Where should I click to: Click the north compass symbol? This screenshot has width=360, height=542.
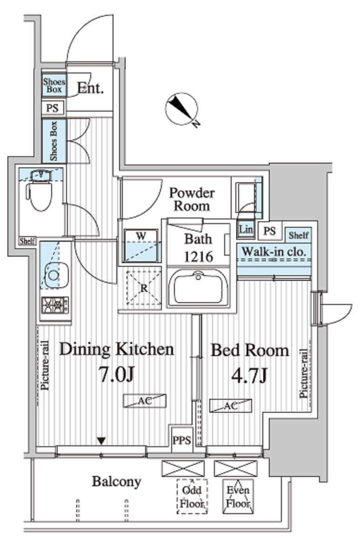click(x=181, y=108)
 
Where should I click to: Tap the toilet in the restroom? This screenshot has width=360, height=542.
click(x=39, y=191)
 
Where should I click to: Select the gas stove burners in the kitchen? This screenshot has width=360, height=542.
click(x=55, y=305)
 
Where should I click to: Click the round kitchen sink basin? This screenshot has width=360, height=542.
click(x=54, y=275)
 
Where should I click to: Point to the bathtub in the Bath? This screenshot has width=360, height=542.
click(x=198, y=287)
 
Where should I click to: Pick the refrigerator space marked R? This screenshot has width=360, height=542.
click(x=144, y=288)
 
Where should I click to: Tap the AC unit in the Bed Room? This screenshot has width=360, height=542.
click(x=230, y=406)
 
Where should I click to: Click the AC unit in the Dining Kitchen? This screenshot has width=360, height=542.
click(x=145, y=401)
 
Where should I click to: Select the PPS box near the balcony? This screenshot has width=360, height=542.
click(x=181, y=440)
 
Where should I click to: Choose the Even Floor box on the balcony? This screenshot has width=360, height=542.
click(x=238, y=496)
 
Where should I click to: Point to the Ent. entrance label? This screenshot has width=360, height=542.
click(x=90, y=88)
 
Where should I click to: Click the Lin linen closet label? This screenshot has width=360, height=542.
click(x=246, y=229)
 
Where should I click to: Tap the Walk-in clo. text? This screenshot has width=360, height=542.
click(x=274, y=251)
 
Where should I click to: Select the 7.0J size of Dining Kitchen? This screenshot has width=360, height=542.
click(x=116, y=375)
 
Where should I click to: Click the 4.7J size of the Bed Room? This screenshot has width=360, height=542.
click(x=249, y=376)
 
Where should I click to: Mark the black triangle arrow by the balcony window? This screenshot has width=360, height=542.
click(x=101, y=441)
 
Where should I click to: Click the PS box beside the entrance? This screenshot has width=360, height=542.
click(x=53, y=108)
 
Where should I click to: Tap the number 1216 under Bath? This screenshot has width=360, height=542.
click(x=198, y=257)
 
